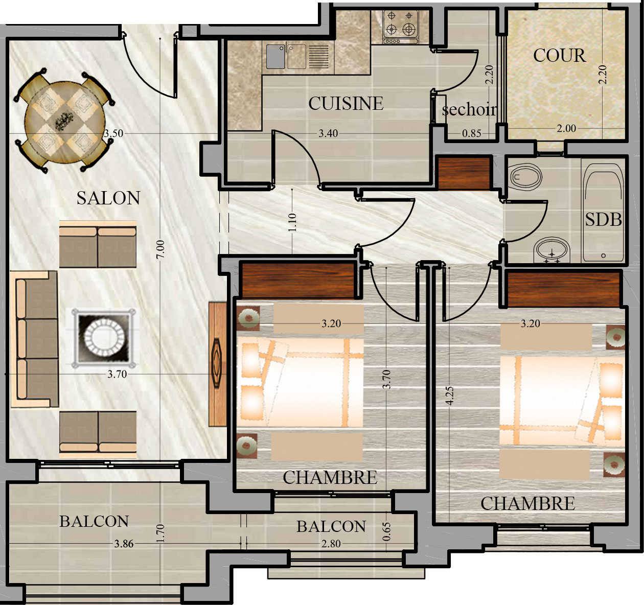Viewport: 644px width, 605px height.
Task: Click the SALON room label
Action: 108,198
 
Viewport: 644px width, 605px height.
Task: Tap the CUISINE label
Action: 346,103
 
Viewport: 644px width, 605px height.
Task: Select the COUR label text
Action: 559,56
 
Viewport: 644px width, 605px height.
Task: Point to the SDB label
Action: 604,220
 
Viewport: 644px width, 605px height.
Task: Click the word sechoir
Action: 469,109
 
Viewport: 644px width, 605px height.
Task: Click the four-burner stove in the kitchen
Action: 401,27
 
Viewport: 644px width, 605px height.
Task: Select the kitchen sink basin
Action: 275,56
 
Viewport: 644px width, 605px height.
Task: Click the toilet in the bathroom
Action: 525,177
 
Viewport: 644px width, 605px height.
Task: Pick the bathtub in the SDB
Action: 603,213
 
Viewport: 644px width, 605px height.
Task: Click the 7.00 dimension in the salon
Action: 161,249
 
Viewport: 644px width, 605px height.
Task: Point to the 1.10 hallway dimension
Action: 292,222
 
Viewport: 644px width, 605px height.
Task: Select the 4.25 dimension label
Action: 450,395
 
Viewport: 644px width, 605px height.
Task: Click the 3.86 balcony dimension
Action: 124,543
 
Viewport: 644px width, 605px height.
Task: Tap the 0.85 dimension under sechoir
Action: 471,133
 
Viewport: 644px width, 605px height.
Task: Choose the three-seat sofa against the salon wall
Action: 34,339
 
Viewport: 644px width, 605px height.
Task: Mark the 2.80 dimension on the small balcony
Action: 331,543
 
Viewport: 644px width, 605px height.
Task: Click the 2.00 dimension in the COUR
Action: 566,128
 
